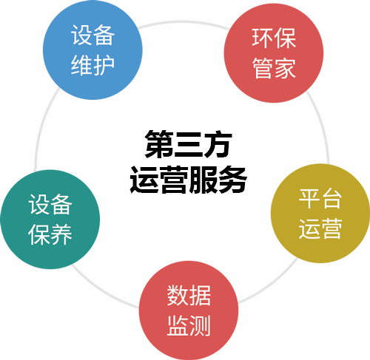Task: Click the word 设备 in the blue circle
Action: (x=92, y=35)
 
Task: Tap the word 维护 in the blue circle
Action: (x=92, y=65)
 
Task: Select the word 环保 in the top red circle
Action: (x=274, y=38)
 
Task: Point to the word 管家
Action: (x=274, y=68)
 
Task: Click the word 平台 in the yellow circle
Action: (x=320, y=198)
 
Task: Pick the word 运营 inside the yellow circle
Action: (x=320, y=228)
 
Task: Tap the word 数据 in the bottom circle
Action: (x=189, y=295)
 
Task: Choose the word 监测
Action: (x=189, y=325)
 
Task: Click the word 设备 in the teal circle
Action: (x=50, y=204)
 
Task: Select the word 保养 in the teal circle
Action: (x=50, y=234)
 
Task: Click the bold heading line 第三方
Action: (x=189, y=143)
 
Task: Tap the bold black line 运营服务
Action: (x=189, y=180)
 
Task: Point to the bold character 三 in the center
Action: (x=189, y=144)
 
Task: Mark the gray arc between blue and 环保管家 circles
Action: (x=183, y=22)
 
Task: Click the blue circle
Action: (x=92, y=50)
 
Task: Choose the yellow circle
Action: (x=320, y=214)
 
